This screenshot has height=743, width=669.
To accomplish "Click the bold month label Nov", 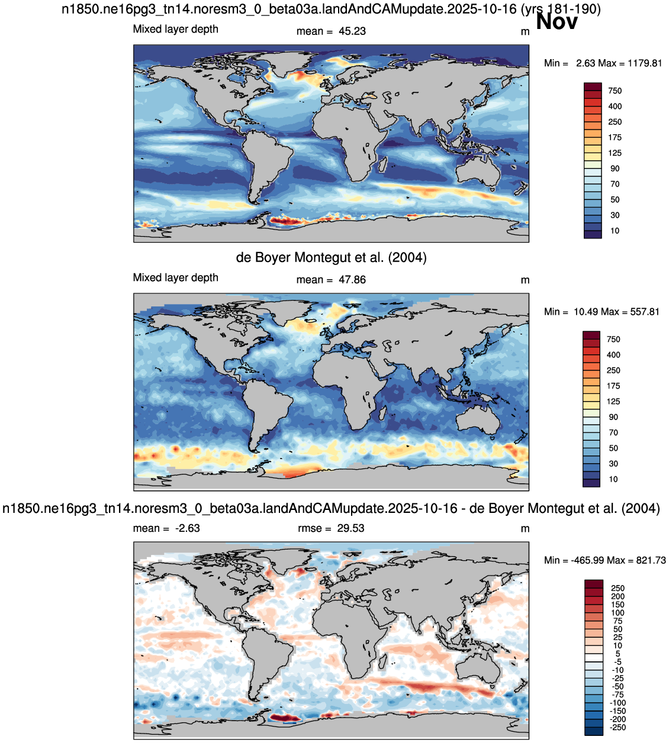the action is pos(557,21).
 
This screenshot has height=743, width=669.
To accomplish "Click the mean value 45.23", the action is pos(352,31).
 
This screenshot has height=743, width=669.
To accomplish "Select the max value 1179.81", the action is pos(645,63).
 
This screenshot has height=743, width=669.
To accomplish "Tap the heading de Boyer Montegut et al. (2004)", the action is pos(331,257).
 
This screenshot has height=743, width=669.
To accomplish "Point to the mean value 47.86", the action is pos(352,280).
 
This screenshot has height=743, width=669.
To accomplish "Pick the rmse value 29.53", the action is pos(350,528).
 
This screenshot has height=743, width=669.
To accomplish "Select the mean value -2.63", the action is pos(187,528).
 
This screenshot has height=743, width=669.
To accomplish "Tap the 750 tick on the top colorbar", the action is pos(615,91).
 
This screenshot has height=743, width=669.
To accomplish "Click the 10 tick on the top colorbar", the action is pos(615,231).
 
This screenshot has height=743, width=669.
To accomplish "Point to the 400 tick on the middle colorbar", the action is pos(613,355).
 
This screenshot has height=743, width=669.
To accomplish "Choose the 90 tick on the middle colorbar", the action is pos(613,417).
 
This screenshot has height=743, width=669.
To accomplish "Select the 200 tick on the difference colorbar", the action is pos(618,596).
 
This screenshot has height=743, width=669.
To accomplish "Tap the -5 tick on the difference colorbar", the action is pos(617,662).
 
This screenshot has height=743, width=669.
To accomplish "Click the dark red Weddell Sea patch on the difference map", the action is pos(284,718).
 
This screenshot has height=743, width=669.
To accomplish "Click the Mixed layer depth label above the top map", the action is pos(175,29).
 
